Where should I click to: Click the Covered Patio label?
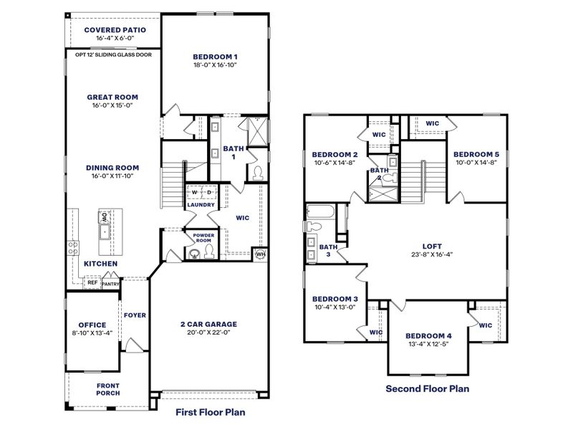pos(115,29)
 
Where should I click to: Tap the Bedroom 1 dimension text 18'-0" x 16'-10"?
pos(215,64)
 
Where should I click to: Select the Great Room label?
pos(112,97)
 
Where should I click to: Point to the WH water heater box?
pos(259,253)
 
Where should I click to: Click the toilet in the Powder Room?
pos(209,251)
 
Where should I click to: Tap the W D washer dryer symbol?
pos(201,192)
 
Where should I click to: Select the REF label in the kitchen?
pos(92,283)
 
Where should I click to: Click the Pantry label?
pos(110,284)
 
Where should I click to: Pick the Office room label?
pos(92,325)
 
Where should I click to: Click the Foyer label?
pos(135,315)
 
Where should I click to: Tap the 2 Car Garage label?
pos(208,324)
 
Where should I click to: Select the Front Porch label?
pos(108,388)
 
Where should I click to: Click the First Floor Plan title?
pos(211,412)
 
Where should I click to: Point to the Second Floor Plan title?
pos(427,389)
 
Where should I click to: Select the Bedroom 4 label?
pos(428,335)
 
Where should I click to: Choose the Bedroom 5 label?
pos(476,154)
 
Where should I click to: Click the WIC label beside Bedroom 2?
pos(379,134)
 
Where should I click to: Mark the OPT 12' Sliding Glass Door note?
pos(113,54)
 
